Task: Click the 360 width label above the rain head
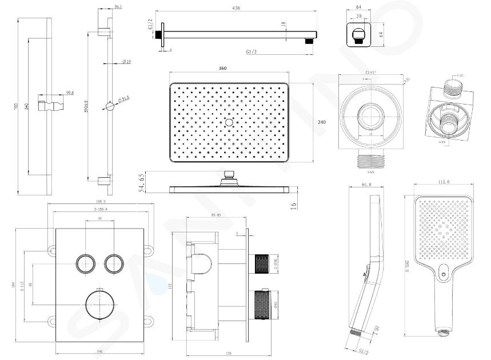pyautogui.click(x=222, y=69)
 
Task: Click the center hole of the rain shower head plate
pyautogui.click(x=229, y=122)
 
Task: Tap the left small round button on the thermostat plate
pyautogui.click(x=85, y=263)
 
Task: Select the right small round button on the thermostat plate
pyautogui.click(x=113, y=263)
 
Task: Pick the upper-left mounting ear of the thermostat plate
pyautogui.click(x=51, y=249)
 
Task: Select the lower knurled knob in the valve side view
pyautogui.click(x=261, y=302)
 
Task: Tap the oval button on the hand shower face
pyautogui.click(x=445, y=277)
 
